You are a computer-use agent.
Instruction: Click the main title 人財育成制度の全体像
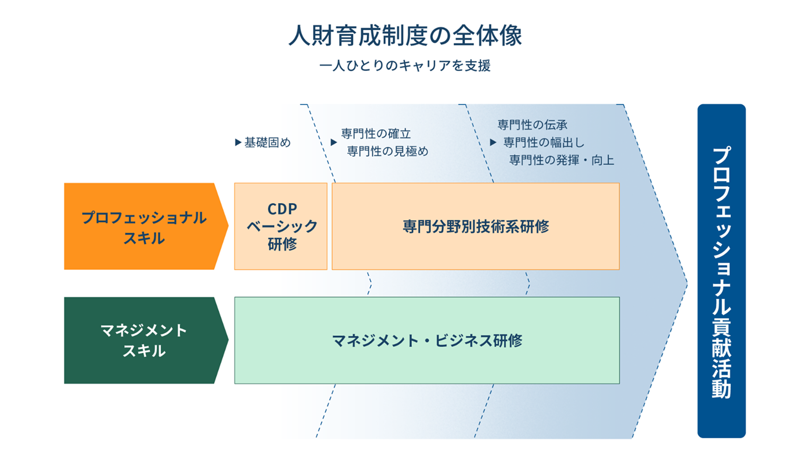click(405, 36)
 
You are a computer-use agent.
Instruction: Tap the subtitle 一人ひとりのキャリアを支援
click(405, 66)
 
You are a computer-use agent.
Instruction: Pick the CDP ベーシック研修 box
click(281, 226)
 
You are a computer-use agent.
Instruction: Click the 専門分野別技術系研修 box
click(475, 226)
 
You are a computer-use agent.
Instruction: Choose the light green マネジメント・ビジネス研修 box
click(427, 340)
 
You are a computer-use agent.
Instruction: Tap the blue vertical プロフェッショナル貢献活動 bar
click(721, 271)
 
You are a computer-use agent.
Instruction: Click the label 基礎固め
click(267, 143)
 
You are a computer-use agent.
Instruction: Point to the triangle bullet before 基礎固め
click(238, 143)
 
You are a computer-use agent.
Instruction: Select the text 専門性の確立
click(376, 134)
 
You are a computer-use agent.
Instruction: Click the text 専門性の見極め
click(388, 151)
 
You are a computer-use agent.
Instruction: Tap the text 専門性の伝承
click(532, 125)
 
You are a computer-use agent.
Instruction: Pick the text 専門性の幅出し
click(544, 143)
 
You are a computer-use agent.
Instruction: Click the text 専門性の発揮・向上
click(561, 160)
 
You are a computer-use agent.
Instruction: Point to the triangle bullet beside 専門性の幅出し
click(493, 143)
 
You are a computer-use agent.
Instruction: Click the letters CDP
click(282, 209)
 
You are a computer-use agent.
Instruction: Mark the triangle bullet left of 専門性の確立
click(333, 143)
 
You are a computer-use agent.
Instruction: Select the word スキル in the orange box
click(143, 238)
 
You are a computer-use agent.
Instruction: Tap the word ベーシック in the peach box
click(282, 226)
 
